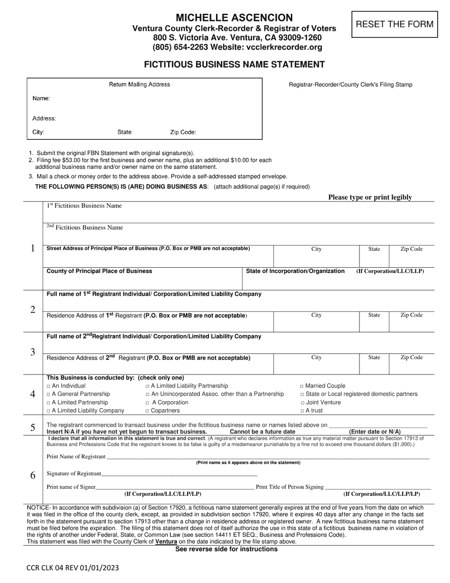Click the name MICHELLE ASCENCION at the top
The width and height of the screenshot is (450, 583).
click(x=234, y=18)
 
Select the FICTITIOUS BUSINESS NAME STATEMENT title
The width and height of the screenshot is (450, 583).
click(x=234, y=64)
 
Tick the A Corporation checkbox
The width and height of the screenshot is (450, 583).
click(x=148, y=403)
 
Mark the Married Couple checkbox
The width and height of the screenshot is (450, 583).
click(x=302, y=386)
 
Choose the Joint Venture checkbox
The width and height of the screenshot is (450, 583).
click(x=302, y=403)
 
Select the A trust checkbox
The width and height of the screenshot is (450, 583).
click(x=302, y=411)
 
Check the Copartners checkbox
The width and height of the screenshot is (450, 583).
click(x=148, y=411)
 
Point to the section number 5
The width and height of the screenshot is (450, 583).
click(x=33, y=428)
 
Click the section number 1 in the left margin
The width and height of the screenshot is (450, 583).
click(x=33, y=248)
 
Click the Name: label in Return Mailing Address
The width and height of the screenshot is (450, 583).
click(x=41, y=99)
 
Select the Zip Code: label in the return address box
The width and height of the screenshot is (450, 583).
click(x=183, y=133)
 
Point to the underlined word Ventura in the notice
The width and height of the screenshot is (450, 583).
click(x=167, y=541)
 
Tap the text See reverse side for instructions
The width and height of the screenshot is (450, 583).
click(x=226, y=549)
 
